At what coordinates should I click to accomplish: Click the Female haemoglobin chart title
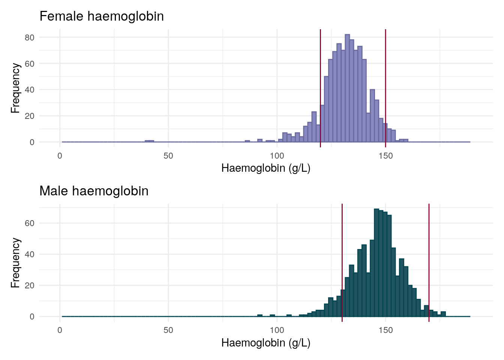102,16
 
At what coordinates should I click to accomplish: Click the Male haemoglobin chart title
94,191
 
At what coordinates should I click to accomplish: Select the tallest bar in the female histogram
347,88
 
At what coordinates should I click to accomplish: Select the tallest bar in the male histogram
376,262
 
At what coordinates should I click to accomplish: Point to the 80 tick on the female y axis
30,37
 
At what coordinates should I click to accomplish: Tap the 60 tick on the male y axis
30,223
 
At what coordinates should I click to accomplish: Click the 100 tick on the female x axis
277,156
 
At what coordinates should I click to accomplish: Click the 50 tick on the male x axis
168,330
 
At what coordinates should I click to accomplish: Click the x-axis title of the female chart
266,168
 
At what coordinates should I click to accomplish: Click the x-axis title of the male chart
266,343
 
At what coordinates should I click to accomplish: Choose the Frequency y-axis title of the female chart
15,88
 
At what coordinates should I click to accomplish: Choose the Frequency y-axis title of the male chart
15,262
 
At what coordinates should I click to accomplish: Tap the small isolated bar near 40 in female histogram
149,141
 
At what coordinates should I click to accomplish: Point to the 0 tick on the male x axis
60,330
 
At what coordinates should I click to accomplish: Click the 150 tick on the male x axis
385,330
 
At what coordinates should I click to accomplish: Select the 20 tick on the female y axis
30,116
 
